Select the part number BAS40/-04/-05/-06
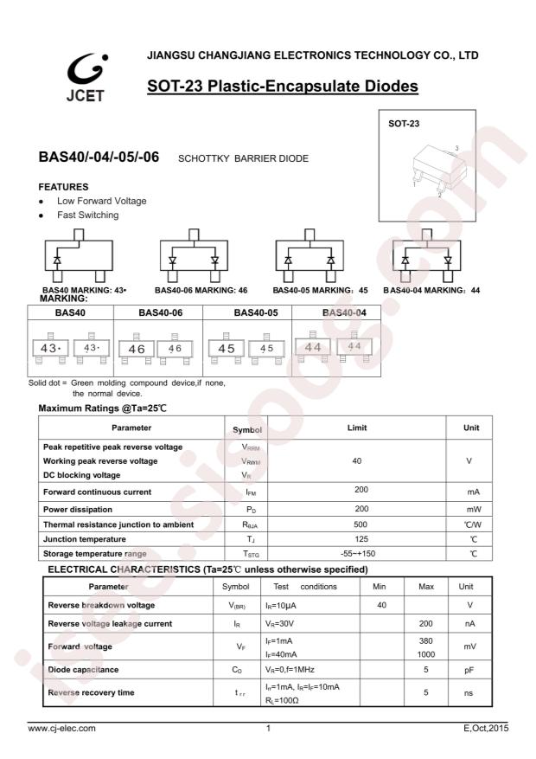point(99,158)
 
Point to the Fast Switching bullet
point(88,215)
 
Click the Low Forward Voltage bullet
point(101,201)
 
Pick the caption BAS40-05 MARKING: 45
point(320,291)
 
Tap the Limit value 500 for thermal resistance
point(357,524)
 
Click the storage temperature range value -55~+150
point(357,553)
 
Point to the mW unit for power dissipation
point(473,510)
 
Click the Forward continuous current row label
point(97,492)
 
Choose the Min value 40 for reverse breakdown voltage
point(381,605)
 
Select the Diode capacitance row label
point(82,670)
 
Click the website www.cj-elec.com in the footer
point(62,728)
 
